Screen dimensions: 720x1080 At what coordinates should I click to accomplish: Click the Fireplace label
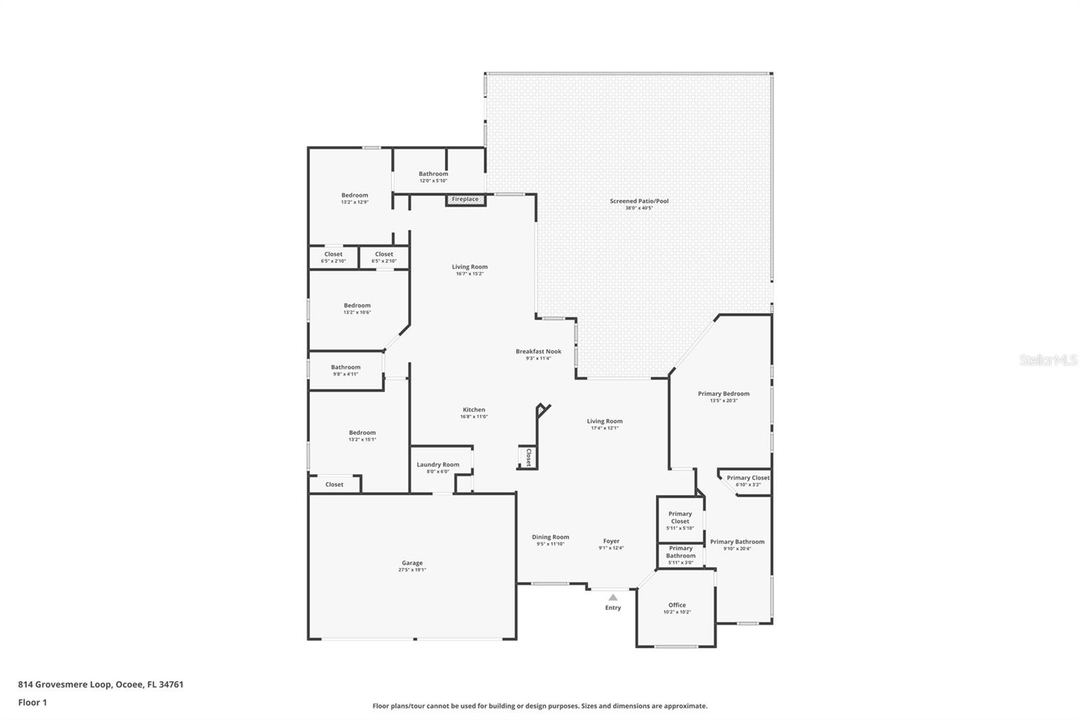pos(465,199)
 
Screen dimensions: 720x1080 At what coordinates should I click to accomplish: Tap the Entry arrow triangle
pos(613,597)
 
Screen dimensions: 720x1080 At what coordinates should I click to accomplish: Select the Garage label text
pos(412,563)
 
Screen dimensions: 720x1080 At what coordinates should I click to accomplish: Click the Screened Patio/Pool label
pos(639,201)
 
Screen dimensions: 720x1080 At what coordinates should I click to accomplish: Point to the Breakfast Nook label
pos(538,351)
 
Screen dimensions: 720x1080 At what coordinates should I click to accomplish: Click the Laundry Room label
pos(437,465)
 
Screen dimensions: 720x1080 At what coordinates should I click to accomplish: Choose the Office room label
pos(677,605)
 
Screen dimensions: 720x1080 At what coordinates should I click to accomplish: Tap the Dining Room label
pos(550,537)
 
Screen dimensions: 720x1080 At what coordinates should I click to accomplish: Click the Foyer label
pos(611,541)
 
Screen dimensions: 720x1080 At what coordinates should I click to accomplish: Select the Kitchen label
pos(474,410)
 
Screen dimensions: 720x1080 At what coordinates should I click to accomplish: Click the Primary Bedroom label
pos(724,394)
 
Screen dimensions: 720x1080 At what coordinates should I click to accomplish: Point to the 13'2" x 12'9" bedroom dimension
pos(354,203)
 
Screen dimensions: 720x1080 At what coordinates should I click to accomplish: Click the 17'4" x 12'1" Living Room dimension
pos(604,428)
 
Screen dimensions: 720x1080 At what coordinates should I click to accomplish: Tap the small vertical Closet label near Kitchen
pos(529,457)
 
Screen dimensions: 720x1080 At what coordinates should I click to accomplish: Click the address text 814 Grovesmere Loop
pos(101,684)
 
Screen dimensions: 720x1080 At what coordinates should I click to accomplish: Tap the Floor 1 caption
pos(32,702)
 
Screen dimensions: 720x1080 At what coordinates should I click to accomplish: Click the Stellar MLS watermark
pos(1048,361)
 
